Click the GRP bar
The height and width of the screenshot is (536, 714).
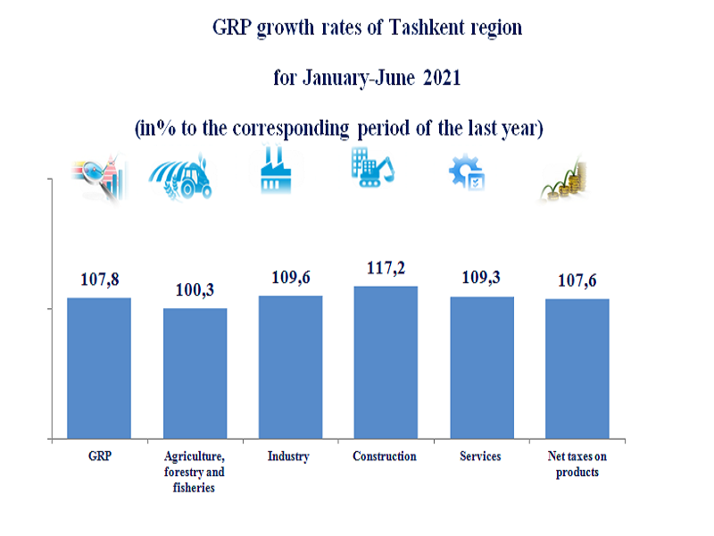[99, 368]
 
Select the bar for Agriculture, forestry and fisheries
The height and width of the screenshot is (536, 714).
[195, 373]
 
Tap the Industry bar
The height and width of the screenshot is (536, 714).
[290, 367]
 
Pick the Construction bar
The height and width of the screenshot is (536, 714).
[386, 363]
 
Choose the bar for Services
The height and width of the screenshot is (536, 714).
[481, 367]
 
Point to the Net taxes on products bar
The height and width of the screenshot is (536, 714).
[577, 368]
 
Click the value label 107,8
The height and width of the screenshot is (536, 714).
[98, 280]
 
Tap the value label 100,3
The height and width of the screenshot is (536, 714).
[195, 290]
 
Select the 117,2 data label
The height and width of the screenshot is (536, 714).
[386, 268]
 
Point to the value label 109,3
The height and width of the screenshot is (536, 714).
[481, 278]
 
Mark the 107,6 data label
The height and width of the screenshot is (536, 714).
[577, 281]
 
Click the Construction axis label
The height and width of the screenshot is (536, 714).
[385, 456]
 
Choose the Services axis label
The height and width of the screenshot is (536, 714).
[480, 456]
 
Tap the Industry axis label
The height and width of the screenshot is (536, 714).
[288, 456]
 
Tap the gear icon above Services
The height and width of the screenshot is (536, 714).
[467, 171]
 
